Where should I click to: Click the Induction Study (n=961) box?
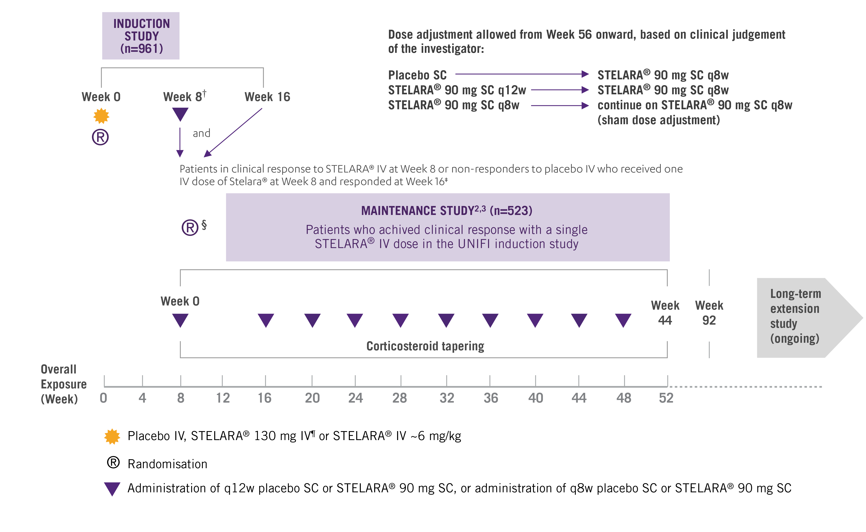pos(141,36)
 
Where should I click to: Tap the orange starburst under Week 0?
pos(101,116)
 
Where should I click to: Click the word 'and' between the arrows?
pos(201,133)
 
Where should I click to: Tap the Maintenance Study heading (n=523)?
pos(447,211)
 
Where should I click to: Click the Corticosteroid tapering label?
pos(425,346)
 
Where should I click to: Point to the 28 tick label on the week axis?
pos(400,398)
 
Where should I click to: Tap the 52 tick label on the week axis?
pos(666,398)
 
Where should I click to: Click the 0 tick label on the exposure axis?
pos(104,398)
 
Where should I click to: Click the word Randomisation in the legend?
pos(168,464)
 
